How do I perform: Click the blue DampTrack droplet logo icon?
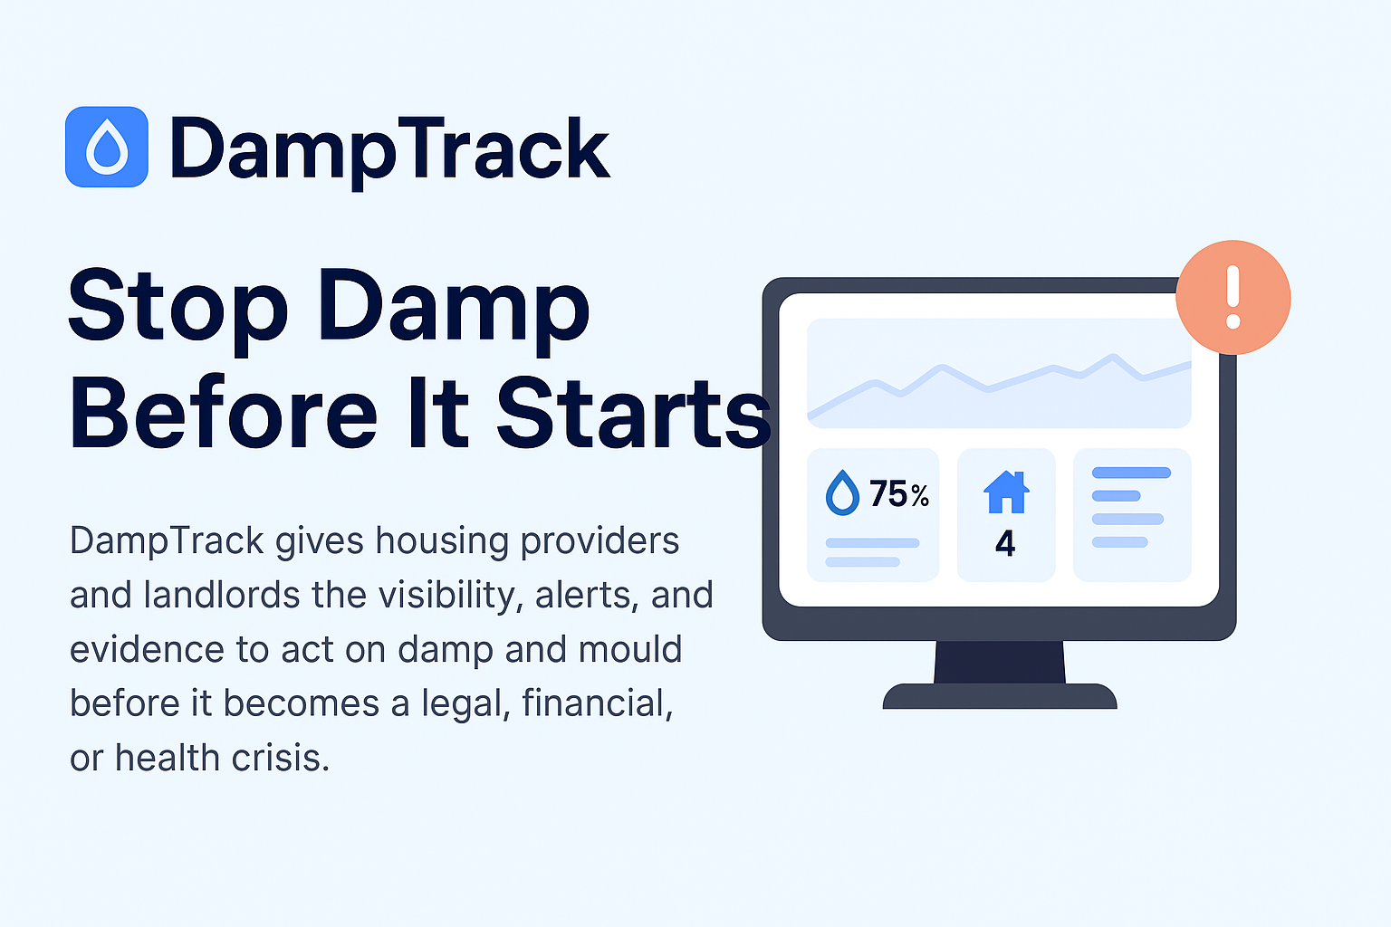pyautogui.click(x=107, y=147)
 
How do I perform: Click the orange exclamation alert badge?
pyautogui.click(x=1233, y=298)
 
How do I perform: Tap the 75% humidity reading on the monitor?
pyautogui.click(x=899, y=493)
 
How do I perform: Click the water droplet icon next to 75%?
pyautogui.click(x=842, y=492)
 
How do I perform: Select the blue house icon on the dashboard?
pyautogui.click(x=1006, y=492)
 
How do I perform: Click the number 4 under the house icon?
pyautogui.click(x=1005, y=543)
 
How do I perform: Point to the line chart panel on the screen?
pyautogui.click(x=999, y=373)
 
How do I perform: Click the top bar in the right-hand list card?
pyautogui.click(x=1131, y=473)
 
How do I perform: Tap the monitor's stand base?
pyautogui.click(x=1000, y=696)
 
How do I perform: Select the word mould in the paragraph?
pyautogui.click(x=630, y=649)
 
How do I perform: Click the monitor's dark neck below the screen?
pyautogui.click(x=1000, y=662)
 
